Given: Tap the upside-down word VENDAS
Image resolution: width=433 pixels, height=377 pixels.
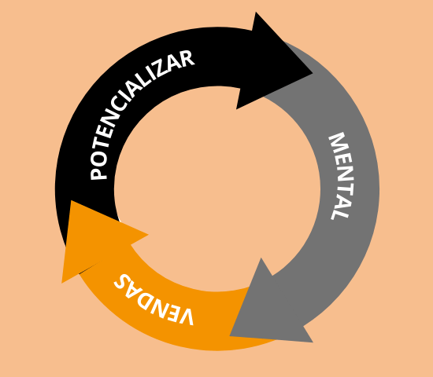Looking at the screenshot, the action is click(154, 300).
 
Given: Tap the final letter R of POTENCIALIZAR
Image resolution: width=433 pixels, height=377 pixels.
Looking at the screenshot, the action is click(187, 59).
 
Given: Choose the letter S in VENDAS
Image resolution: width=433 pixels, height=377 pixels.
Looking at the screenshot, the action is click(121, 282).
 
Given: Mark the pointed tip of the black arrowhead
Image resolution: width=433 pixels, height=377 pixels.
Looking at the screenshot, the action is click(313, 73).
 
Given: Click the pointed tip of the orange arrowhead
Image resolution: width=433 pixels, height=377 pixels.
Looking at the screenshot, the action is click(62, 283).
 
